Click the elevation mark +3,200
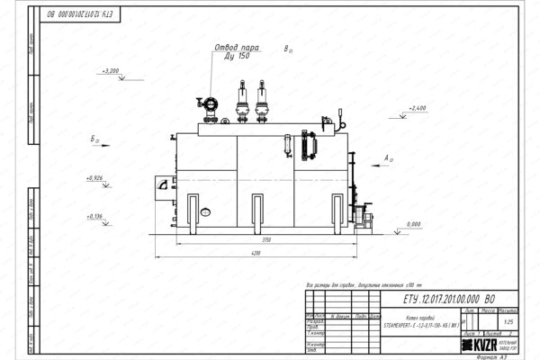[x=113, y=70]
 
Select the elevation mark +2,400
[x=417, y=108]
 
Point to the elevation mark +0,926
[x=94, y=178]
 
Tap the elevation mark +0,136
[x=94, y=216]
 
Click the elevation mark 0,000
[x=414, y=223]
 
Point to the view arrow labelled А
[x=387, y=159]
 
